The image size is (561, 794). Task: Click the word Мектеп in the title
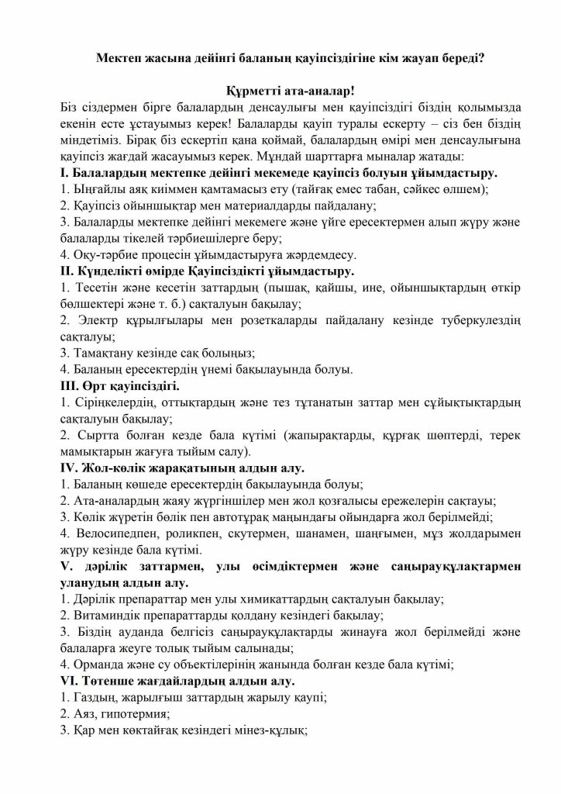click(x=129, y=57)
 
